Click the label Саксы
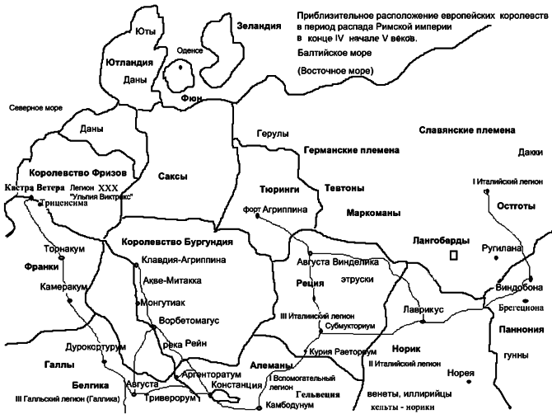173,176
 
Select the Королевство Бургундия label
172,242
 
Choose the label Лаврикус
424,308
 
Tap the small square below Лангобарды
451,256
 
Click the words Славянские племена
467,130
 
